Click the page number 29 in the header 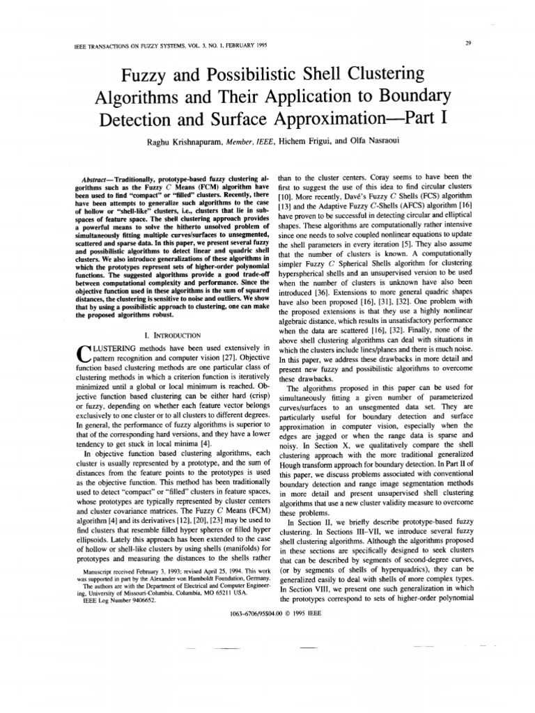(469, 43)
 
